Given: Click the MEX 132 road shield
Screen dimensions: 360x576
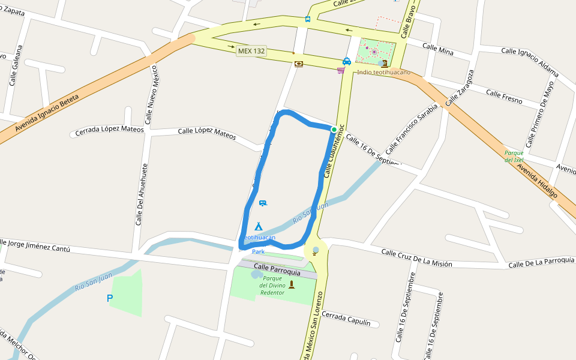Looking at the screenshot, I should coord(251,51).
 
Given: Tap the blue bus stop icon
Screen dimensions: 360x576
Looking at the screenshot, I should coord(308,19).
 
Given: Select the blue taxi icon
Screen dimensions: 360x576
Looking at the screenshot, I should coord(347,61).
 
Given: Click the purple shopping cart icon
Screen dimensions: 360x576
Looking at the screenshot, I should coord(341,70).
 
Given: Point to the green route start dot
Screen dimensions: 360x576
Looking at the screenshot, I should coord(334,129).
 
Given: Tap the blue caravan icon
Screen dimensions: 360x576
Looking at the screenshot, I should coord(263,203).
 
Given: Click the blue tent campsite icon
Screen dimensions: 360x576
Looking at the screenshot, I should coord(259,226).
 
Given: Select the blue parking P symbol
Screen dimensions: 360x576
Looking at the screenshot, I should coord(110,298).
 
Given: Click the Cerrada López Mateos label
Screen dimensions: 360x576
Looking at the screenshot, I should coord(110,130).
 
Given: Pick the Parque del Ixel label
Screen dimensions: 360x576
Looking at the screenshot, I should coord(514,157).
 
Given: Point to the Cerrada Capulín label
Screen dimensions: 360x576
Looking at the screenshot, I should coord(350,319).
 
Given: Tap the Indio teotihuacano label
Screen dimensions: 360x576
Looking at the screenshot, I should coord(383,73).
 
